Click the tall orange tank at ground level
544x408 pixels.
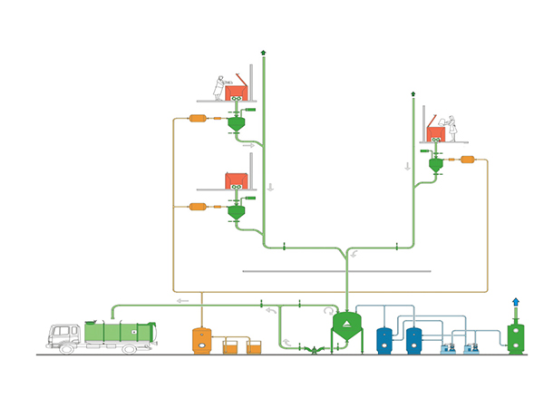[200, 340]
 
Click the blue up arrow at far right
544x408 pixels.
[516, 303]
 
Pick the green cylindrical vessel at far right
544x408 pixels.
[516, 335]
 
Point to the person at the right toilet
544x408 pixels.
[452, 127]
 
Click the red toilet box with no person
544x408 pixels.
[237, 179]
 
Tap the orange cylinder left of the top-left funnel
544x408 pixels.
[197, 119]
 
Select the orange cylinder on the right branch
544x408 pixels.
[469, 160]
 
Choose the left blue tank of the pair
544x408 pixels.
[385, 339]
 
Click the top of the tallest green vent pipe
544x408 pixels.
[263, 53]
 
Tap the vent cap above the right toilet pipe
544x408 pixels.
[413, 92]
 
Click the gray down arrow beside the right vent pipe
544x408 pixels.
[407, 166]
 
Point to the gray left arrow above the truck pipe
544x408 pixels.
[182, 300]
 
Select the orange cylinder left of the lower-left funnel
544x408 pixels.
[197, 207]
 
